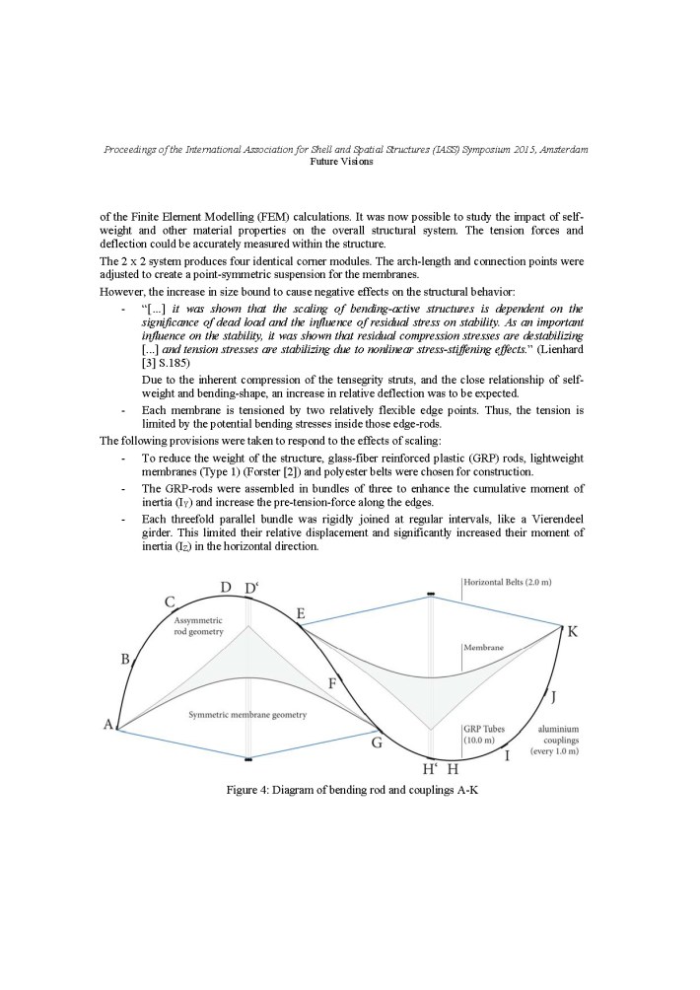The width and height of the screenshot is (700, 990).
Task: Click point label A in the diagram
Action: click(107, 725)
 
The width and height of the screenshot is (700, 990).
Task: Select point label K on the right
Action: click(572, 631)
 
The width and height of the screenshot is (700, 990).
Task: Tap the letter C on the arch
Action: click(170, 602)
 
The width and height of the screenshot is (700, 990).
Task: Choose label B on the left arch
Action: click(124, 659)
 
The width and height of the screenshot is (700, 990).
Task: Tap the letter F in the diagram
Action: click(332, 682)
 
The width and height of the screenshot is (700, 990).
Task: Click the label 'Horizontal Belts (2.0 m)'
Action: click(507, 583)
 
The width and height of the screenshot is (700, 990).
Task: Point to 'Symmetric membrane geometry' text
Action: click(245, 714)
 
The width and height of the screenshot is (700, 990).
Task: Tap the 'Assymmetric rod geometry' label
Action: click(199, 624)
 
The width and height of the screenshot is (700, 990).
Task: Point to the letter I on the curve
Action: click(507, 756)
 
